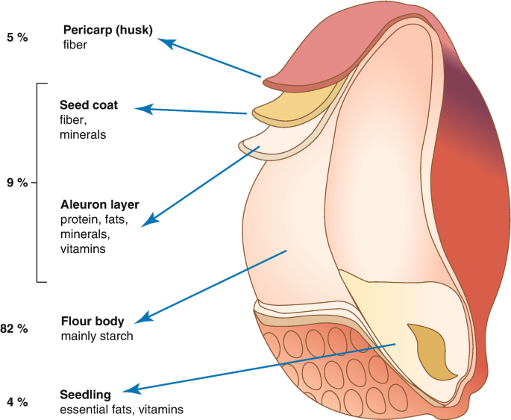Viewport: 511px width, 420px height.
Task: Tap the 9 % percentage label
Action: (x=16, y=183)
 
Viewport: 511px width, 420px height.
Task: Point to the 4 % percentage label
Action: (x=16, y=402)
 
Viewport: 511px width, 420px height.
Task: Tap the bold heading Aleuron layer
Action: (x=99, y=204)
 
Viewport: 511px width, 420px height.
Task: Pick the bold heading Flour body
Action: (x=90, y=322)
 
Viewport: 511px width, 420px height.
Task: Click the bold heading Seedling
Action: (x=86, y=395)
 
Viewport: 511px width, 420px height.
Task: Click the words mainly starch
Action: (x=97, y=336)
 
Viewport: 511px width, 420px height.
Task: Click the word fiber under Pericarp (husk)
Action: (x=75, y=46)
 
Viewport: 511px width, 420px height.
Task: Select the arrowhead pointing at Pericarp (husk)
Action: (x=167, y=43)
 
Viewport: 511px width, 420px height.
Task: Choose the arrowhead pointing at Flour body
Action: (x=145, y=318)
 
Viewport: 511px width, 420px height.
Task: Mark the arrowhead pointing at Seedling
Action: (x=130, y=390)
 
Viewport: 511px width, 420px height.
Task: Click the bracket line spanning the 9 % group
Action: (x=37, y=183)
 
